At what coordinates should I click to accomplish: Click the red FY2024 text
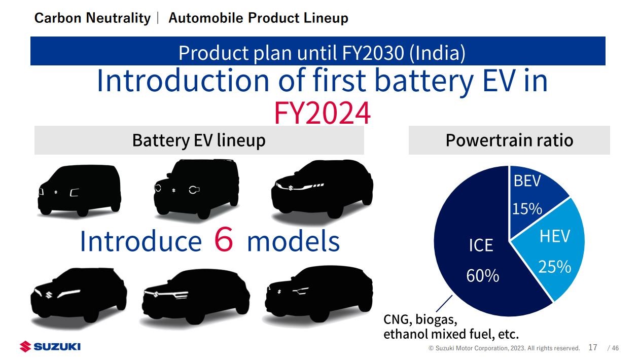pos(323,113)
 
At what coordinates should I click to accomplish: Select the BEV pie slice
pos(534,200)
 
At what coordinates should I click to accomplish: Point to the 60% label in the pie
pos(483,276)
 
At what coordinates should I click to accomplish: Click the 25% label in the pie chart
pos(555,267)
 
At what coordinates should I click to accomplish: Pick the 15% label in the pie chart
pos(527,209)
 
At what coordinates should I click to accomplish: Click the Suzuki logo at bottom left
pos(50,347)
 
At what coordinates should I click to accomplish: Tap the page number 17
pos(592,347)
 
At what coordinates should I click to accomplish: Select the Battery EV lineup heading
pos(199,140)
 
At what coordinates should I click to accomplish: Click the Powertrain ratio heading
pos(509,140)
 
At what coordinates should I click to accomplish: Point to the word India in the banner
pos(437,53)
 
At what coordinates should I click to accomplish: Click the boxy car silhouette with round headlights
pos(196,189)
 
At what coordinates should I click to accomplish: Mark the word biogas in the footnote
pos(437,319)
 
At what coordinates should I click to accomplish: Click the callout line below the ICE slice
pos(444,304)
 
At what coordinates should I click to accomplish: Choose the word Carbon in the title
pos(58,18)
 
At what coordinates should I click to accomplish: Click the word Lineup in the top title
pos(326,18)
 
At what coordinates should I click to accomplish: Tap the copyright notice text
pos(504,348)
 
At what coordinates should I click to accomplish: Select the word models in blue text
pos(293,241)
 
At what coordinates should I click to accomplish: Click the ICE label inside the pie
pos(481,245)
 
